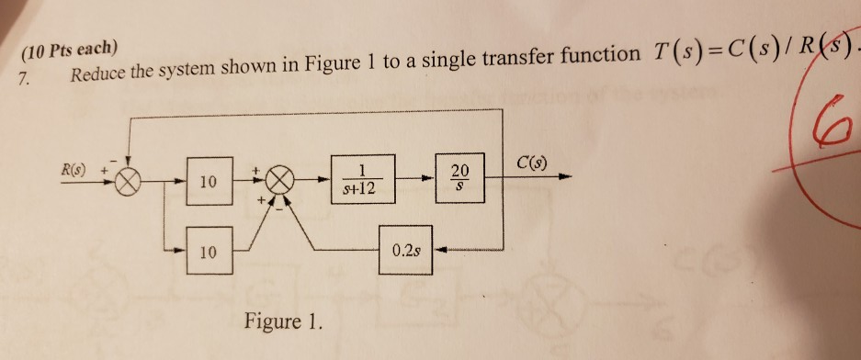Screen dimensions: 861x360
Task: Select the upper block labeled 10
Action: (x=209, y=183)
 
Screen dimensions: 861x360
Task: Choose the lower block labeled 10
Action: (x=209, y=248)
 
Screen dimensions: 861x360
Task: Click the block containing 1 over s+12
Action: (x=364, y=180)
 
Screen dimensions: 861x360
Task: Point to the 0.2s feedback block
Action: (x=405, y=249)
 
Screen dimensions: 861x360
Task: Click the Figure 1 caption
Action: (x=284, y=321)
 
